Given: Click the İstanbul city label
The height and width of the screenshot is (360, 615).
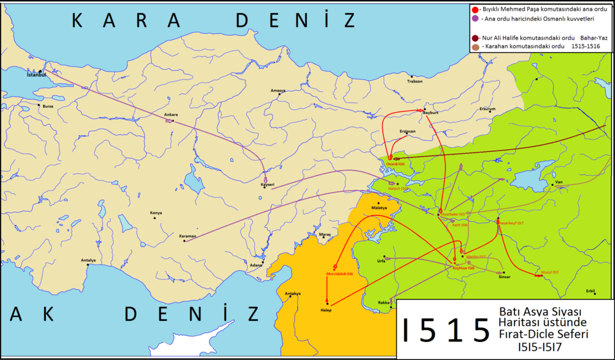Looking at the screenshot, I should (37, 75).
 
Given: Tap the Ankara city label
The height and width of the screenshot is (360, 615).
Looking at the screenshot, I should (170, 115).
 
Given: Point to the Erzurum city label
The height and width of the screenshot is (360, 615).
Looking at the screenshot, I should (488, 109).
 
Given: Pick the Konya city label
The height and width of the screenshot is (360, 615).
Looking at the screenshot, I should (156, 213).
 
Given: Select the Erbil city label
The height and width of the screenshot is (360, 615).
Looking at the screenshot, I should (590, 291).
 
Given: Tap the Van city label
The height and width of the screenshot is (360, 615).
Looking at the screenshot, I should (558, 182).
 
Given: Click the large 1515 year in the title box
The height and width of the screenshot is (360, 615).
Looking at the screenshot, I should (445, 329).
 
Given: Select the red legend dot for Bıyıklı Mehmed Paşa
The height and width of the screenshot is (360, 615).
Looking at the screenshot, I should (474, 9).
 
